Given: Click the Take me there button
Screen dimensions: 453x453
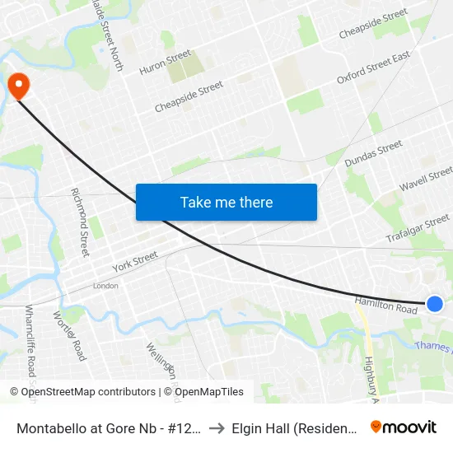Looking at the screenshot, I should click(226, 202).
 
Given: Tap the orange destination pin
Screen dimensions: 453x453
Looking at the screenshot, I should click(17, 85).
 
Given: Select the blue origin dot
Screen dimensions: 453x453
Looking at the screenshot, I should click(436, 304).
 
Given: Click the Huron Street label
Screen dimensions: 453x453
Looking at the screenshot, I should click(166, 63).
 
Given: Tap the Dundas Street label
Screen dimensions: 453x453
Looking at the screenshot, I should click(373, 152).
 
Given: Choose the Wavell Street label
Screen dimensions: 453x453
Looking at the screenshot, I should click(426, 179).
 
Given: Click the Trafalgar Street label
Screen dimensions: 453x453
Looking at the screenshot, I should click(418, 229).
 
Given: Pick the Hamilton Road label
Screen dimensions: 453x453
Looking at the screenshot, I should click(386, 306).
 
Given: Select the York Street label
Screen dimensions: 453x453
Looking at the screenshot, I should click(135, 263).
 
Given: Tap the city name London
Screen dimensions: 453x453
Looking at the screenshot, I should click(105, 286).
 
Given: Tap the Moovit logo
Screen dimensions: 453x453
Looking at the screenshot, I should click(404, 427).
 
